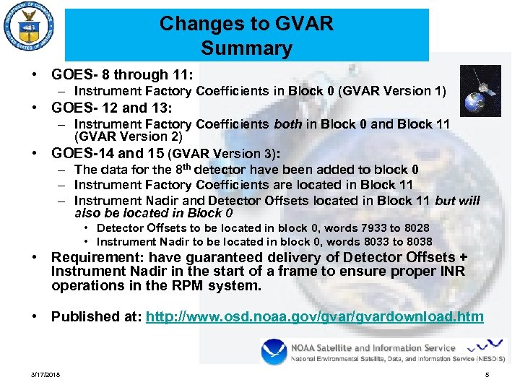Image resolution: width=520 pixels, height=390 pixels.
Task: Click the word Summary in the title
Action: point(246,48)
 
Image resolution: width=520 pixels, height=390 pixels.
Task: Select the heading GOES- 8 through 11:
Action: point(121,74)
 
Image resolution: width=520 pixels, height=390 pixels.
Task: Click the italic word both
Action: point(289,124)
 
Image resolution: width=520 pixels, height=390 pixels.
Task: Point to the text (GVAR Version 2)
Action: point(129,136)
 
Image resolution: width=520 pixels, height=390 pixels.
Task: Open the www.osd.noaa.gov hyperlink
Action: point(314,316)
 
